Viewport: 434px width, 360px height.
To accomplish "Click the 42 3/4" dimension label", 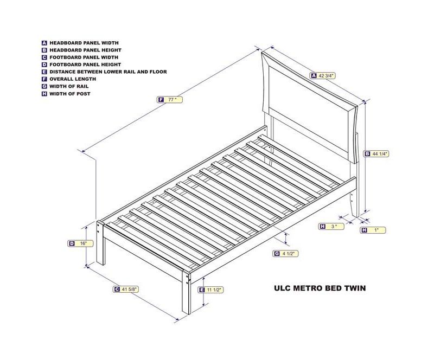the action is coord(323,75).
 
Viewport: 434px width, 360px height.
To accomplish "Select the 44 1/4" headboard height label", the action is coord(376,154).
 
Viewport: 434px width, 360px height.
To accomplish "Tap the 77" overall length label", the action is coord(170,100).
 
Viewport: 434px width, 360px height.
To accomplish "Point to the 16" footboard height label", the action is coord(80,243).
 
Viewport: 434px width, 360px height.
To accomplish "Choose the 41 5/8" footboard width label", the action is coord(126,289).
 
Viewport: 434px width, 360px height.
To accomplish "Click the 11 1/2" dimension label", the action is coord(211,290).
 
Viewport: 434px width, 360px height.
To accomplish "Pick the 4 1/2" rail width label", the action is coord(286,254).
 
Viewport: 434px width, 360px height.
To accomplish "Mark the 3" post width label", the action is coord(331,226).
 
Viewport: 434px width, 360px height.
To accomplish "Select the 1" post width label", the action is coord(373,230).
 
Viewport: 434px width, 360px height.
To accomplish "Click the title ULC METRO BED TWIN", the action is coord(320,288).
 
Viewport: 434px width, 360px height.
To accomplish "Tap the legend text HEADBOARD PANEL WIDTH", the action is coord(84,43).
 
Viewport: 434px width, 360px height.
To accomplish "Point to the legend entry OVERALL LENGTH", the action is coord(73,79).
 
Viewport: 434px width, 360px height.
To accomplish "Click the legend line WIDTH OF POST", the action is coord(70,94).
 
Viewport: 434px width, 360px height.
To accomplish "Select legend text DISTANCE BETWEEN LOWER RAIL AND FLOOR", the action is coord(108,72).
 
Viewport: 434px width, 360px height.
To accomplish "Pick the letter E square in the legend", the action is coord(44,72).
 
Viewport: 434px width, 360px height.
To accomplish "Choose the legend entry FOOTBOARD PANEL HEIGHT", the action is coord(85,65).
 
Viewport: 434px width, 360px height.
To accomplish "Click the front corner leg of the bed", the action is coord(186,293).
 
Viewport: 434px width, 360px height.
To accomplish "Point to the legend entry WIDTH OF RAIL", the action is coord(69,86).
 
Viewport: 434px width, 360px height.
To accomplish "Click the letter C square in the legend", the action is coord(44,57).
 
